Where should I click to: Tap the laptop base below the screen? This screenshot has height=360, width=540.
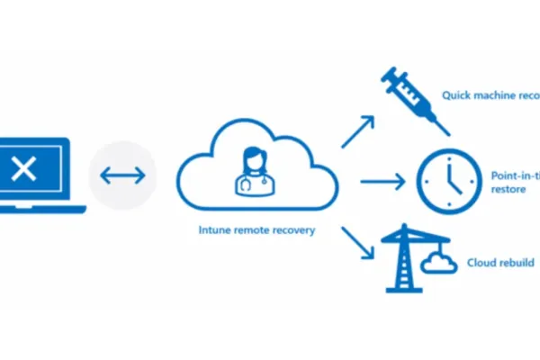coord(40,210)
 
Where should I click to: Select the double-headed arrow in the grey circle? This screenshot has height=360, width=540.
coord(122,175)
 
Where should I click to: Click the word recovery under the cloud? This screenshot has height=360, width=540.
coord(293,230)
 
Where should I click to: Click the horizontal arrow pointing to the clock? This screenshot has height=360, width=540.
coord(382,183)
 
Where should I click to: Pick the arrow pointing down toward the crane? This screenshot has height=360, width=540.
coord(357,241)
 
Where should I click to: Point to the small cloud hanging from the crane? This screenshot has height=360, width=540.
coord(439,265)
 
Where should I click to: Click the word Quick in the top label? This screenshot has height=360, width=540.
coord(455,94)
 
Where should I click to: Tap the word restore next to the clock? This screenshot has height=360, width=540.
coord(508,190)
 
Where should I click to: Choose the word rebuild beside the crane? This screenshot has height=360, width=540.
coord(517,263)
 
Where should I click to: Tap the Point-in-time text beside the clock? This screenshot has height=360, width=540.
coord(515,175)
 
